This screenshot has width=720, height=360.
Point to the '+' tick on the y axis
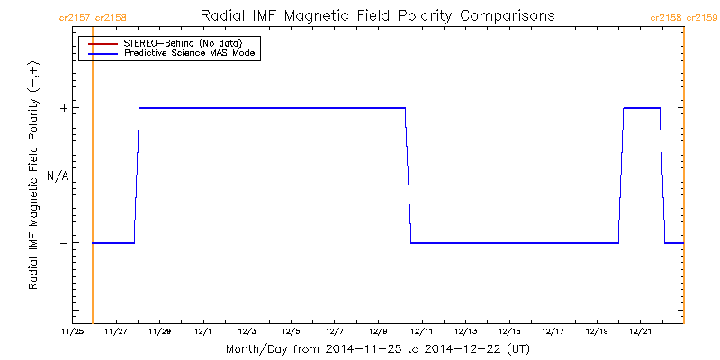(x=64, y=108)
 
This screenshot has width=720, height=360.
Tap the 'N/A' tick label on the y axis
(x=58, y=175)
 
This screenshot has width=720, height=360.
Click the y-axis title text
(x=33, y=175)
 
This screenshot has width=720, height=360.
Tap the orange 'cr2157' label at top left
(x=74, y=17)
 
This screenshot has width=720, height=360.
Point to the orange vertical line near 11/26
(x=93, y=180)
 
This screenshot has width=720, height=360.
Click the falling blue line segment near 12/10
(x=408, y=175)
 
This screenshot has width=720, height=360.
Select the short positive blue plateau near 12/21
(x=642, y=108)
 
